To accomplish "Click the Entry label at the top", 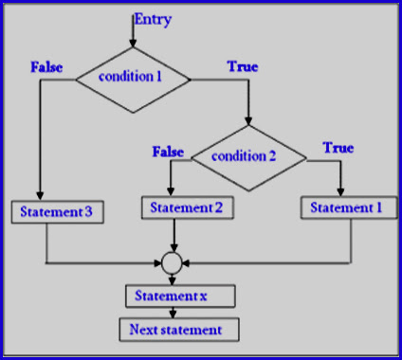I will click(154, 19).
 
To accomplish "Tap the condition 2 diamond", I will click(247, 156).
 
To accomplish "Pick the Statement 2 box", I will click(186, 207).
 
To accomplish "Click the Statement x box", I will click(173, 296).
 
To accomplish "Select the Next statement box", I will click(178, 330).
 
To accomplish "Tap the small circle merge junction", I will click(172, 261).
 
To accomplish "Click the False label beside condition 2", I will click(169, 152).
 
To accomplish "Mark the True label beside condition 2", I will click(338, 148).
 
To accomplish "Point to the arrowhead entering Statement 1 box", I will click(338, 191).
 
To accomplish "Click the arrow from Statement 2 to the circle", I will click(173, 234).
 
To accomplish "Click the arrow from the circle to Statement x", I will click(173, 278).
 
